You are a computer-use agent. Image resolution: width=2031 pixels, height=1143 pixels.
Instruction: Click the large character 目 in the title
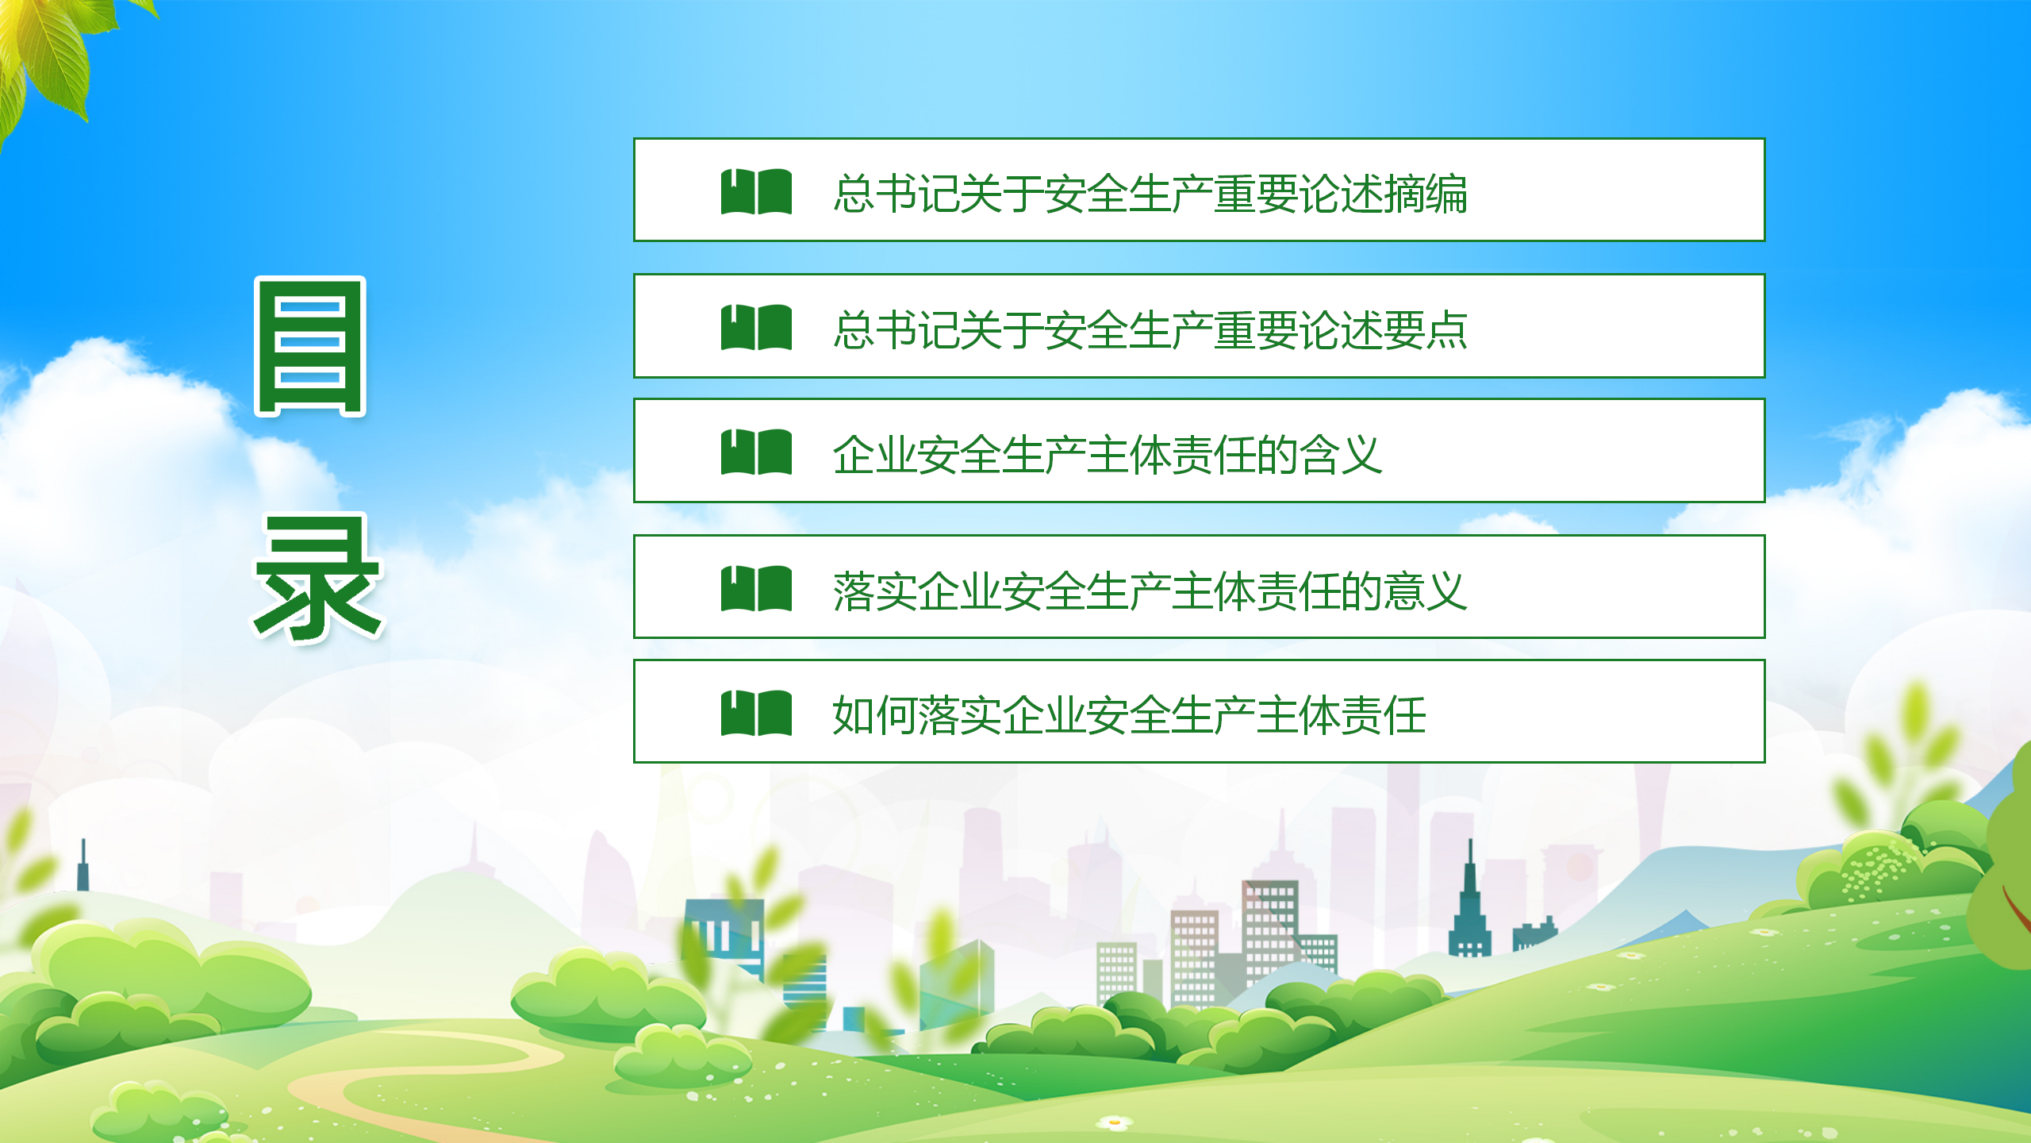tap(309, 347)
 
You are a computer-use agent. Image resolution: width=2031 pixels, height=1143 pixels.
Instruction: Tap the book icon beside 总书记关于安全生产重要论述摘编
tap(756, 191)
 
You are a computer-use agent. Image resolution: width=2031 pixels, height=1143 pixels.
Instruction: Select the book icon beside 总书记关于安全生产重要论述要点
tap(756, 327)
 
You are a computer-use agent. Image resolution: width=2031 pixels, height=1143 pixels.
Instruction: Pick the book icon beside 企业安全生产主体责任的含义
tap(756, 452)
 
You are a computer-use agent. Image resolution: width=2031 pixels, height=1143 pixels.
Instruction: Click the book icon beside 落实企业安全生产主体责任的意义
tap(756, 588)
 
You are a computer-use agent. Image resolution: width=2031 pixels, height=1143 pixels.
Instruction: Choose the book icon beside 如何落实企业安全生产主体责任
tap(756, 713)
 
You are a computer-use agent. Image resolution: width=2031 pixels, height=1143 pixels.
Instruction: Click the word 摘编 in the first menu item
tap(1426, 194)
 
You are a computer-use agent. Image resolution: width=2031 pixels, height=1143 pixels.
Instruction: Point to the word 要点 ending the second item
tap(1426, 329)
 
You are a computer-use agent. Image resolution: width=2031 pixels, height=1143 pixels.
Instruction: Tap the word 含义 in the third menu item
tap(1341, 455)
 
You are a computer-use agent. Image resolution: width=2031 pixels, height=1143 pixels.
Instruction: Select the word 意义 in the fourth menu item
tap(1426, 591)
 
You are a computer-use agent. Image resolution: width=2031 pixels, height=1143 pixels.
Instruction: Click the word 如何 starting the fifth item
tap(875, 715)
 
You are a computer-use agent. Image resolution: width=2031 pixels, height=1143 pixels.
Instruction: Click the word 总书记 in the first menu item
tap(896, 194)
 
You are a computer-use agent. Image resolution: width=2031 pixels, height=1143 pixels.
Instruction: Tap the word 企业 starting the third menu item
tap(875, 455)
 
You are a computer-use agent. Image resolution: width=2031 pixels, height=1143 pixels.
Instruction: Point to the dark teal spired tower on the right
tap(1469, 905)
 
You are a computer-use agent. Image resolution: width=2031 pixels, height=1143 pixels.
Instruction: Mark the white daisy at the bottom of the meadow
tap(1115, 1122)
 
